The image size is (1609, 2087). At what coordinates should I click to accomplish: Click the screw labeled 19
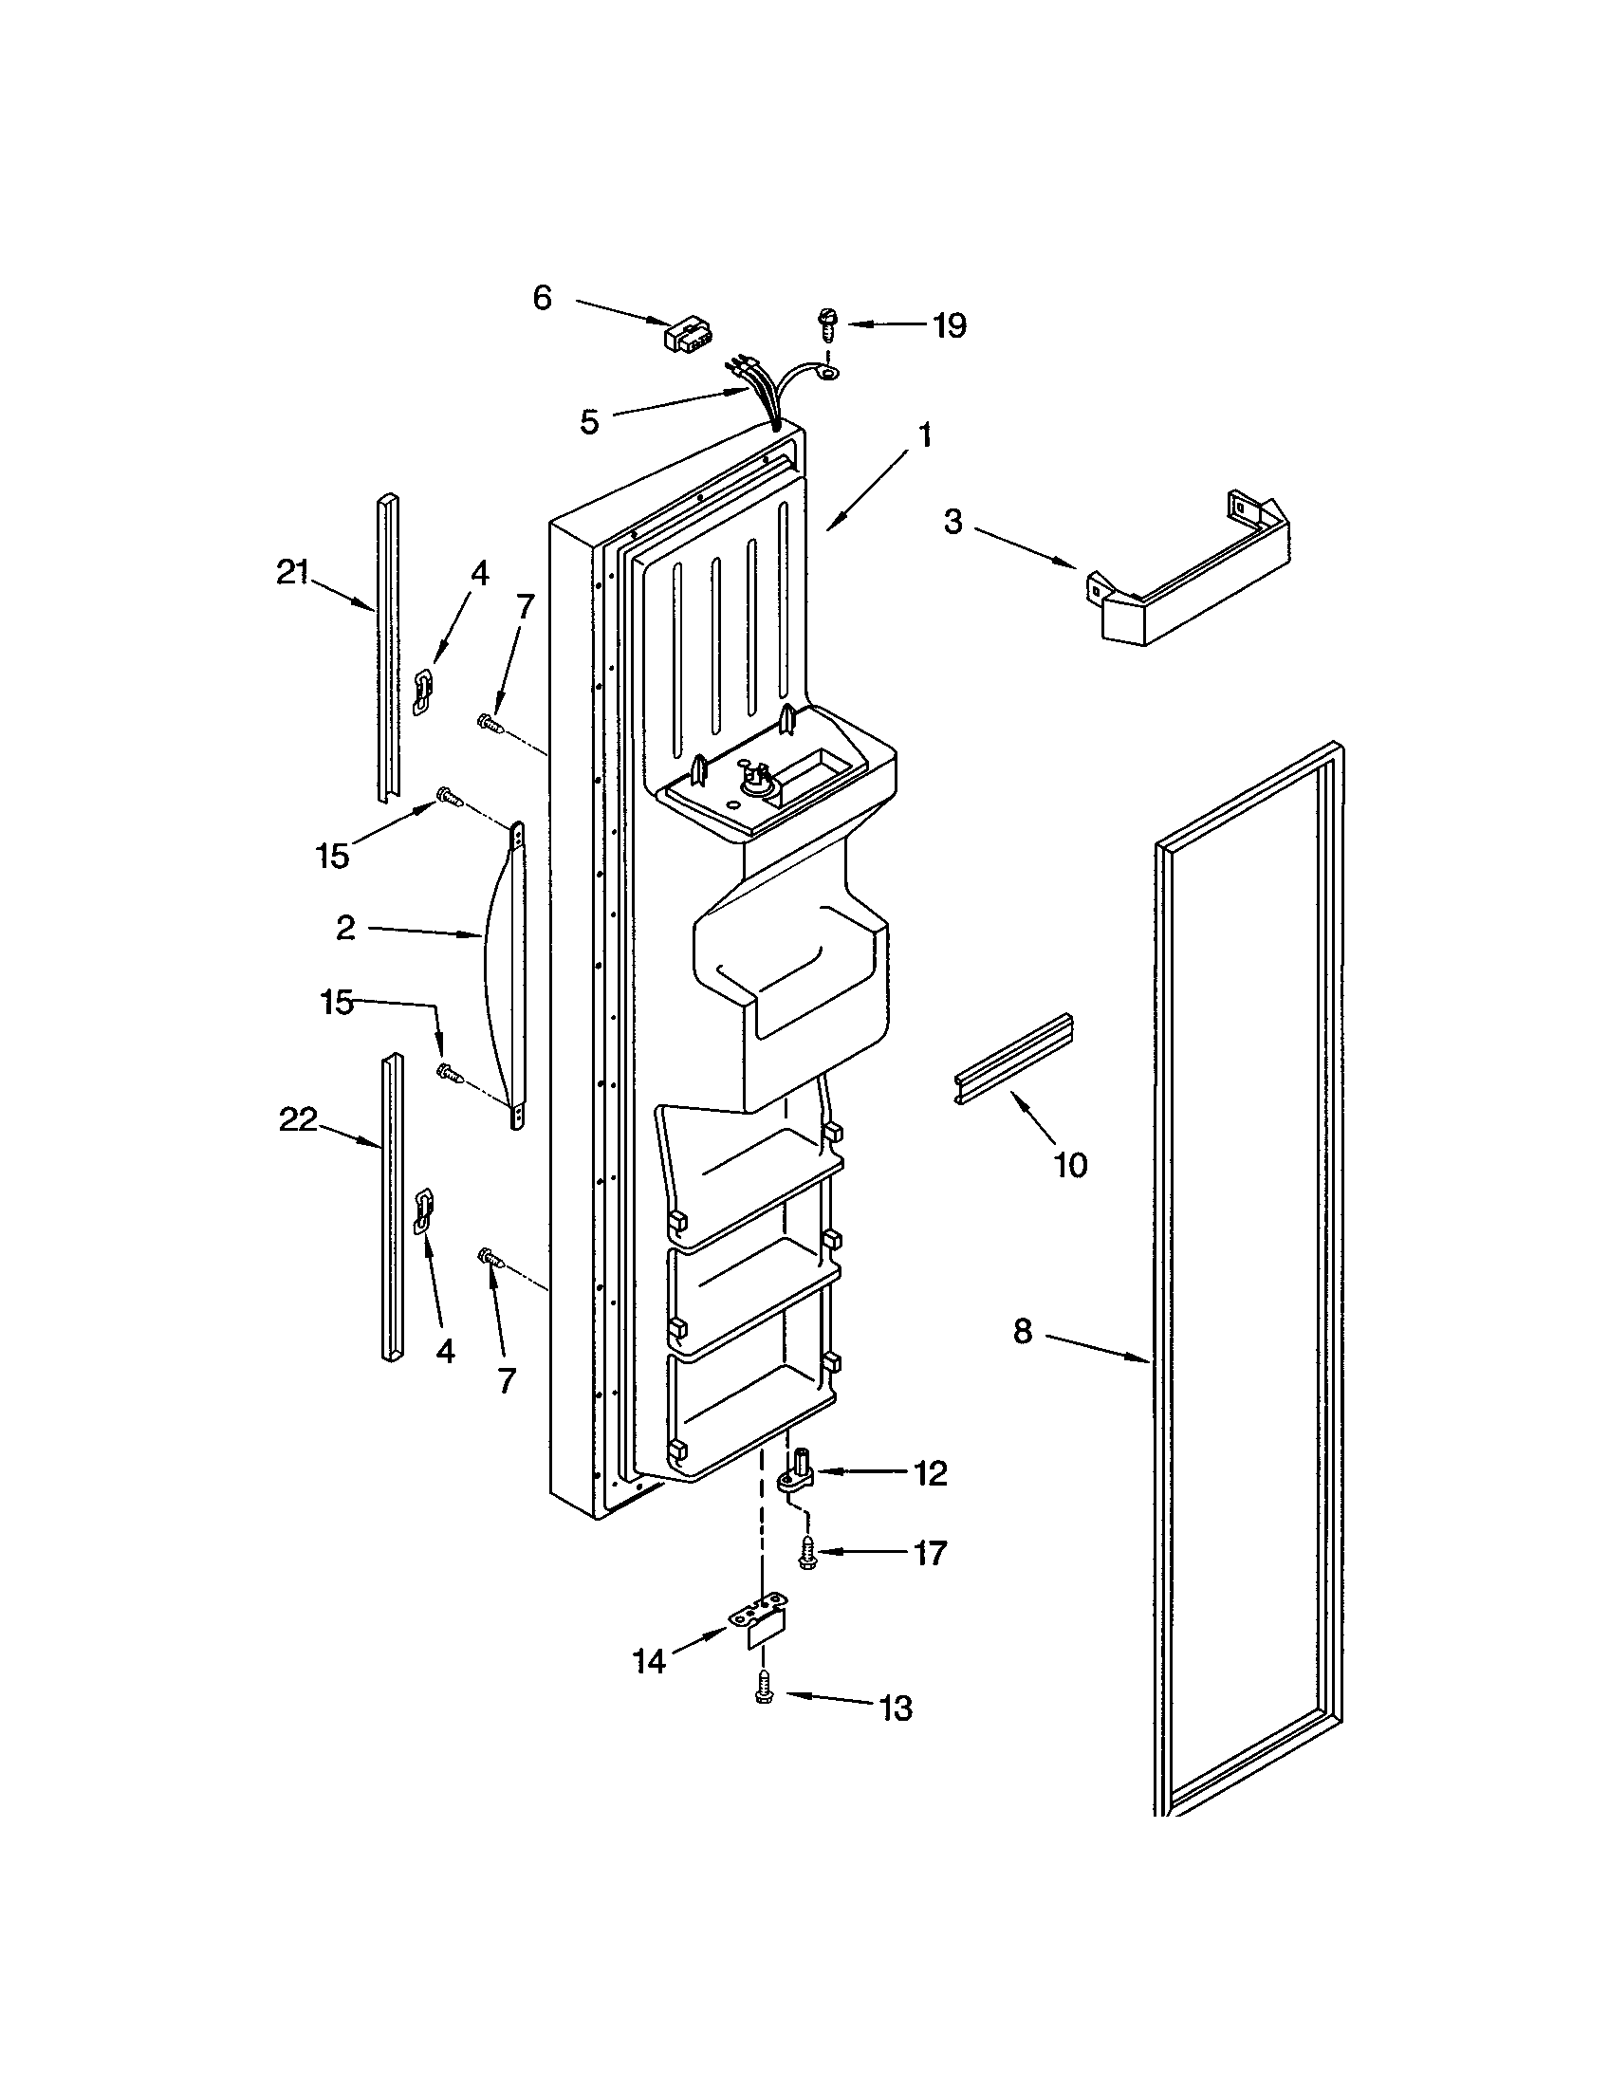(x=825, y=323)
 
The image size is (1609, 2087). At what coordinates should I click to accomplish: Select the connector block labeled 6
(x=684, y=335)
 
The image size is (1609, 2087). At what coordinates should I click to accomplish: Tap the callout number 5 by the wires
(x=589, y=421)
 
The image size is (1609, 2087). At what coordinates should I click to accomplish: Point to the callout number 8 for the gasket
(x=1024, y=1331)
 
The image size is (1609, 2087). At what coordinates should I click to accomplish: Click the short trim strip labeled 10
(x=1015, y=1058)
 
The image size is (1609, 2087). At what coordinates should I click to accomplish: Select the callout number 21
(x=292, y=572)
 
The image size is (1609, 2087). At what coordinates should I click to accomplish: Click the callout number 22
(x=297, y=1119)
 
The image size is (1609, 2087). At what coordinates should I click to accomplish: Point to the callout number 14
(x=649, y=1662)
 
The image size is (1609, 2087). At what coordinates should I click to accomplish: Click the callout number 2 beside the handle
(x=345, y=927)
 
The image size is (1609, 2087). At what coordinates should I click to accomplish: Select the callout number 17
(x=929, y=1553)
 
